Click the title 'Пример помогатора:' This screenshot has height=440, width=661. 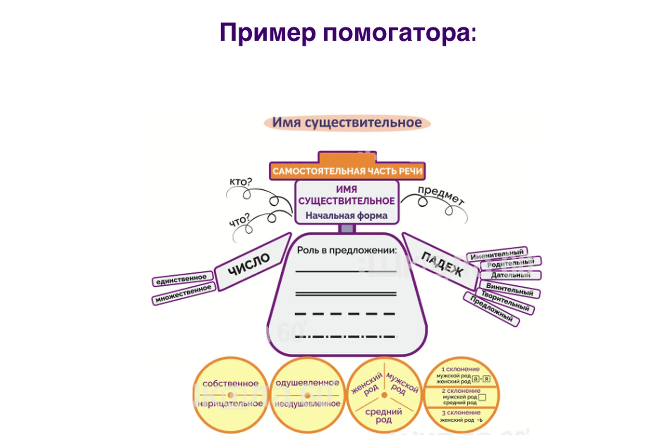pos(348,33)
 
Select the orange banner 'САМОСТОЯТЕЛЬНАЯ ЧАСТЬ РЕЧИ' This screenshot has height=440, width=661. pos(347,171)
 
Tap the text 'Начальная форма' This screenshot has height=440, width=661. pos(346,216)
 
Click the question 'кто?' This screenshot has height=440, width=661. pos(241,181)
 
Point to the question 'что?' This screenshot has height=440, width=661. pos(239,220)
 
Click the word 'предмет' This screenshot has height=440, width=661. pos(441,195)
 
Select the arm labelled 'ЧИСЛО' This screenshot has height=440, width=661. pos(249,264)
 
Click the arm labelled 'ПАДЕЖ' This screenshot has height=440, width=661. pos(442,264)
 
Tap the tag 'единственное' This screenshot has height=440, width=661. pos(181,279)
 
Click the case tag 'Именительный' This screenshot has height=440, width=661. pos(497,254)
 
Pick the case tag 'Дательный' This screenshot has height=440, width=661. pos(511,275)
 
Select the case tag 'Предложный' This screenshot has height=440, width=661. pos(491,309)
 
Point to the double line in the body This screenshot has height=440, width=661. pos(346,294)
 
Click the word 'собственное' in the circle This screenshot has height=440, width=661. pos(230,384)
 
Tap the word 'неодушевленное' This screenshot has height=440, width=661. pos(307,404)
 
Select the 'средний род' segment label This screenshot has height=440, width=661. pos(384,415)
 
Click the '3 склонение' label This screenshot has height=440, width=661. pos(461,412)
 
